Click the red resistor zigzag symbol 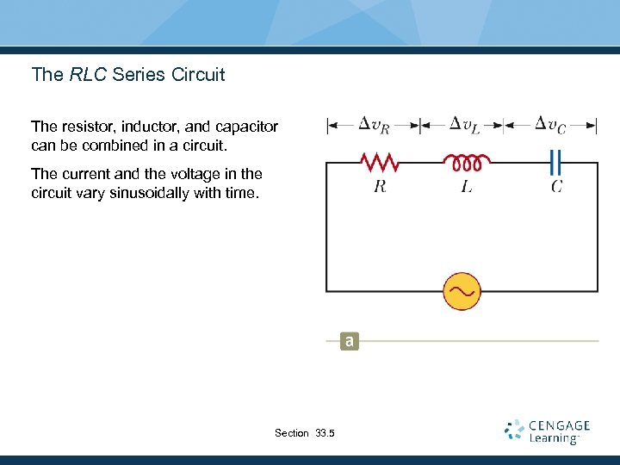tap(378, 162)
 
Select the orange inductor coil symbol tap(467, 161)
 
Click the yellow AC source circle tap(461, 291)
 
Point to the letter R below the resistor tap(379, 186)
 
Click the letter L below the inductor tap(466, 186)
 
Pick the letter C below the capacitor tap(557, 186)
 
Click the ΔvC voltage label tap(551, 125)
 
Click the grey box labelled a tap(348, 341)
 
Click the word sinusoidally tap(147, 193)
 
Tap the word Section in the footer tap(291, 433)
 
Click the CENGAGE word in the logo tap(560, 425)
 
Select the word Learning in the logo tap(553, 438)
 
